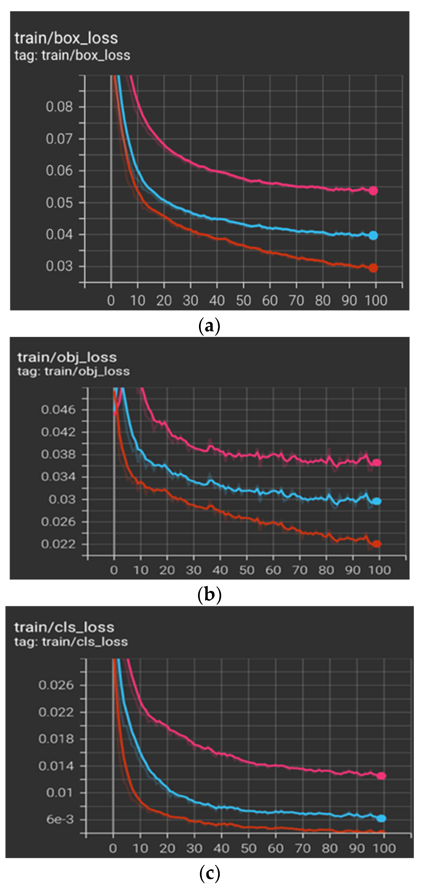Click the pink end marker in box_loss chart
(373, 191)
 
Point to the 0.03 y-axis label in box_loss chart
(59, 266)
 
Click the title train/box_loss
(66, 38)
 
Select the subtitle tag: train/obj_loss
(73, 371)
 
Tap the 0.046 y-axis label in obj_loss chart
(58, 410)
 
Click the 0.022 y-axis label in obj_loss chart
(58, 544)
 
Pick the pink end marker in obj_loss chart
(377, 462)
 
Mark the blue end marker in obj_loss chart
(377, 501)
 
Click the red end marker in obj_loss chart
(377, 544)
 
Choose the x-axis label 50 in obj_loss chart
(247, 570)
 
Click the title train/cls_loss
(64, 627)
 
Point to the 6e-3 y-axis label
(60, 820)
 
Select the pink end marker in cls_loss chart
(381, 776)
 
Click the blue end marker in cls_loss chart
(381, 819)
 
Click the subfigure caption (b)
(209, 595)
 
